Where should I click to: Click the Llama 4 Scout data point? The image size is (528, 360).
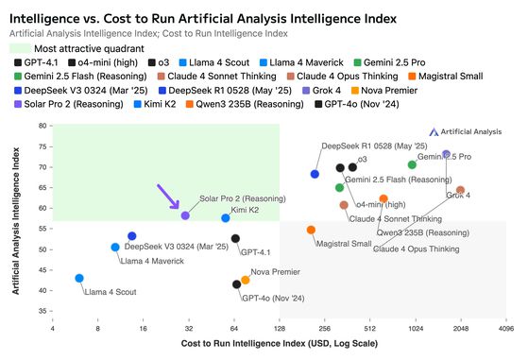[x=79, y=279]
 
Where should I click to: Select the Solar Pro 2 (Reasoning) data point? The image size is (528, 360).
[x=186, y=216]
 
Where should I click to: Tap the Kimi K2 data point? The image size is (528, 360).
[x=226, y=218]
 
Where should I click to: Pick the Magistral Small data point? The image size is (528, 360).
[x=311, y=230]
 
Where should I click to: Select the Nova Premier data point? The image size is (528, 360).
[x=246, y=280]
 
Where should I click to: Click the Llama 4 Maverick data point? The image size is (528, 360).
[x=115, y=247]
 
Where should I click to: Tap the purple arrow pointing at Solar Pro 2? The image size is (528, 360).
[x=167, y=197]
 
